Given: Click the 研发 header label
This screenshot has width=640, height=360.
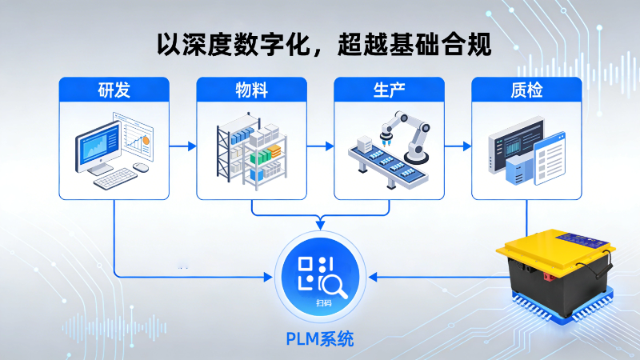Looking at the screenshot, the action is (x=114, y=90).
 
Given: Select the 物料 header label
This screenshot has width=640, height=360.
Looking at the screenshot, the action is (x=251, y=90).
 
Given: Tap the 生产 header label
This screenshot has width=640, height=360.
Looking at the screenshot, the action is (x=389, y=90).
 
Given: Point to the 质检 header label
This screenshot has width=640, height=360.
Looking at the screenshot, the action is (x=526, y=90).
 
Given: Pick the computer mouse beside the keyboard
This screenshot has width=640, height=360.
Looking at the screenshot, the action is (x=142, y=167).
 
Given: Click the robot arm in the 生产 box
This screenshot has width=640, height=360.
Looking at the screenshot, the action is (x=408, y=132).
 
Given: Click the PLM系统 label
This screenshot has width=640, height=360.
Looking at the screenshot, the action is (x=320, y=338).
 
